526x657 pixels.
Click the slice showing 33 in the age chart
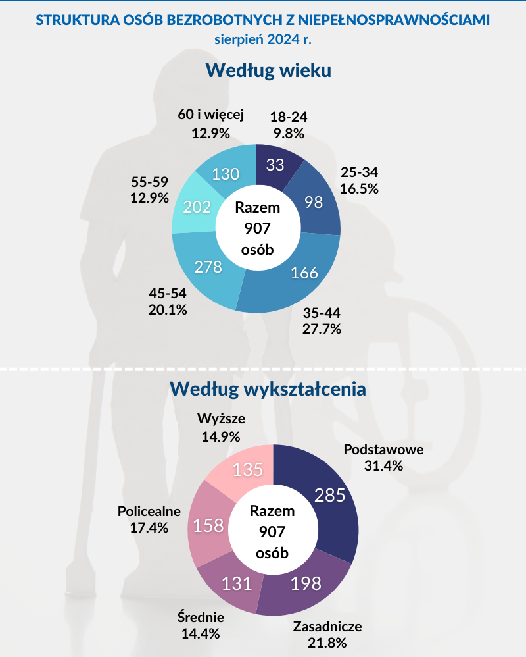click(x=275, y=165)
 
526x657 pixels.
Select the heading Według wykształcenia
click(x=268, y=388)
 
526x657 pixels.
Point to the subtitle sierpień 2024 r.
click(x=262, y=39)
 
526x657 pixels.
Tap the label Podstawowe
click(x=383, y=450)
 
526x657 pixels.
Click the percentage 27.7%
click(x=322, y=328)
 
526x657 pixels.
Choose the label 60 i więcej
click(x=211, y=115)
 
